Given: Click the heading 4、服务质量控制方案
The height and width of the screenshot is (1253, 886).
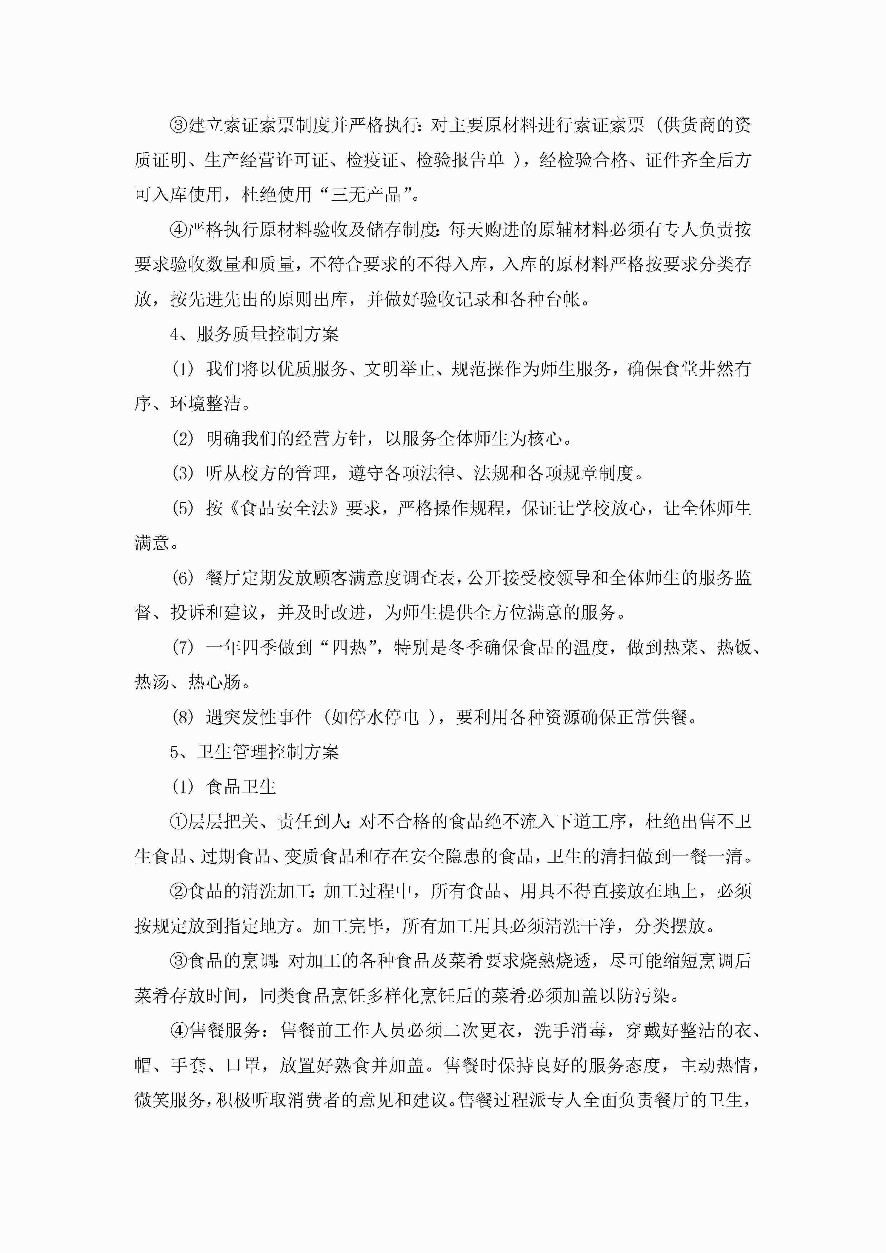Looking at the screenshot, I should click(x=254, y=334).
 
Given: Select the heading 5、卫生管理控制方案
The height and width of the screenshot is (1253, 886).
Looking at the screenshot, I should click(x=254, y=752).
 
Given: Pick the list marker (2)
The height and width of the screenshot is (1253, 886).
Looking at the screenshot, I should click(x=183, y=439).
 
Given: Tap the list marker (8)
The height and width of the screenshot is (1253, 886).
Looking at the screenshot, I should click(x=183, y=717).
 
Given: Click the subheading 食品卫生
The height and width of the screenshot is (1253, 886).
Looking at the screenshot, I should click(x=241, y=787).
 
